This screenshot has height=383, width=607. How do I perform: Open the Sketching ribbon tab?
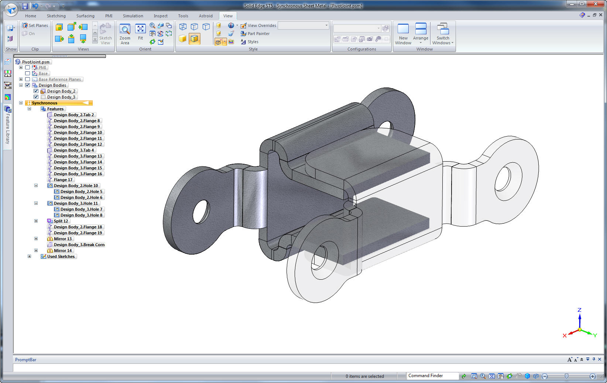56,16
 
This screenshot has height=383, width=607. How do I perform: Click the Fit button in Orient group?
140,32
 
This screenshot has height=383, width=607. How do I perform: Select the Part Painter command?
258,34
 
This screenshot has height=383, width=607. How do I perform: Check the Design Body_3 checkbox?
36,97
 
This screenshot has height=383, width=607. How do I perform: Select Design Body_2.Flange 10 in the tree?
78,132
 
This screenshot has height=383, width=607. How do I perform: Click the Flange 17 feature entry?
63,180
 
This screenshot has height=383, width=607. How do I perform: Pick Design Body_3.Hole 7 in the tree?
81,209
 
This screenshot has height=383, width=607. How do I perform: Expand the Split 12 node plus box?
36,221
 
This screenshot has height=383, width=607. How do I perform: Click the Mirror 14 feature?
63,251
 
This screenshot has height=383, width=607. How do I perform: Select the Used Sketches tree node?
61,256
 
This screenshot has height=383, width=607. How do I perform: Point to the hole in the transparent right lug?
508,179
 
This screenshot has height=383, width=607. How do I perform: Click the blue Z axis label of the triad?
579,310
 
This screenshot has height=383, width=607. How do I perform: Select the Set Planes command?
35,25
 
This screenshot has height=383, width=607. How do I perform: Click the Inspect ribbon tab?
160,16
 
